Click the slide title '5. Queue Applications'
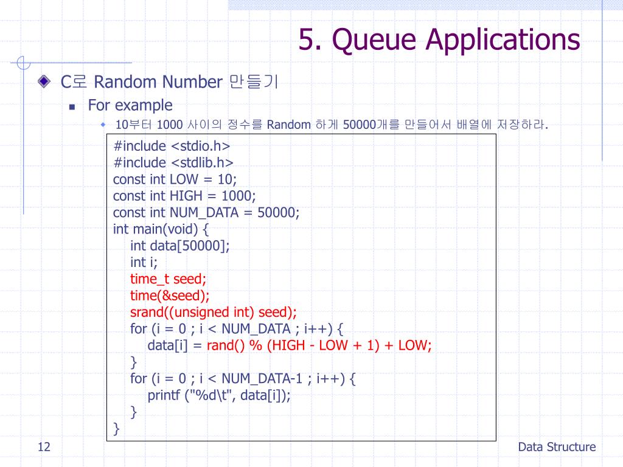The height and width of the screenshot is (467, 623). pos(439,40)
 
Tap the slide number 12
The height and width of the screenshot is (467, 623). pos(43,448)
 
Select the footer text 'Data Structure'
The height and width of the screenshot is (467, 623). pos(557,448)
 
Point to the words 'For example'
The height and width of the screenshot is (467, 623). pos(130,105)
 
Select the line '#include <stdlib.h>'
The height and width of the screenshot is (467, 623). pos(173,162)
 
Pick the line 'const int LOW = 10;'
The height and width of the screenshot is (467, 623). pos(175,179)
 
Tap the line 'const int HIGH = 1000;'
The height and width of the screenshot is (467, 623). pos(184,196)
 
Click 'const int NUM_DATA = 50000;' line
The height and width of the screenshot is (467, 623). pos(206,213)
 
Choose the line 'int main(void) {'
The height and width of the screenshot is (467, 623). pos(161,229)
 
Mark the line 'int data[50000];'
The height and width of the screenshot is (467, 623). pos(180,246)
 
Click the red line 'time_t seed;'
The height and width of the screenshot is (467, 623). pos(168,279)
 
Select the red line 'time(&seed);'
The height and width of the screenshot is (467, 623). pos(170,296)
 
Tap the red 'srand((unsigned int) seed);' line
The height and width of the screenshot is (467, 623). pos(213,313)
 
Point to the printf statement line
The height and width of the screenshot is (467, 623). pos(219,395)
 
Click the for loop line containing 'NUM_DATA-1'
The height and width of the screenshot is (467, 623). pos(243,379)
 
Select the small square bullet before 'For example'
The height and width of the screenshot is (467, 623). pos(72,106)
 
